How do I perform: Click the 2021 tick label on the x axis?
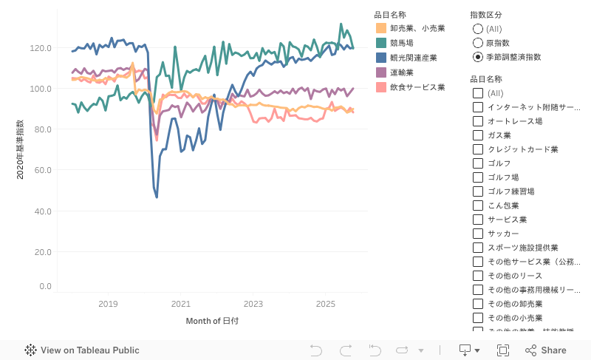pyautogui.click(x=180, y=304)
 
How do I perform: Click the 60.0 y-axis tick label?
pyautogui.click(x=41, y=170)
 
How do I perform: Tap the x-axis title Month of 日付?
pyautogui.click(x=212, y=321)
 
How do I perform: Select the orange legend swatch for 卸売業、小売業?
pyautogui.click(x=381, y=28)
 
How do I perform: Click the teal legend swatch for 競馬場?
pyautogui.click(x=381, y=43)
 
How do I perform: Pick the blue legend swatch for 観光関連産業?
pyautogui.click(x=381, y=58)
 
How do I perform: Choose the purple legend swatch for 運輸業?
pyautogui.click(x=381, y=72)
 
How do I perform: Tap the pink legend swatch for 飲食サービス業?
pyautogui.click(x=381, y=87)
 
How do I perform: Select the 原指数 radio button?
pyautogui.click(x=478, y=43)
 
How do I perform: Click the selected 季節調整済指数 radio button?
pyautogui.click(x=478, y=57)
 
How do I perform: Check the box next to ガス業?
pyautogui.click(x=478, y=135)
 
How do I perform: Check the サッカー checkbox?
pyautogui.click(x=478, y=234)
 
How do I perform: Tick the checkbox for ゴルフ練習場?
pyautogui.click(x=478, y=191)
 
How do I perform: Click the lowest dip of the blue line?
pyautogui.click(x=157, y=197)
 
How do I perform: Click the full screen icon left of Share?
pyautogui.click(x=503, y=350)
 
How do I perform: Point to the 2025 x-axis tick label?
pyautogui.click(x=326, y=304)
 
